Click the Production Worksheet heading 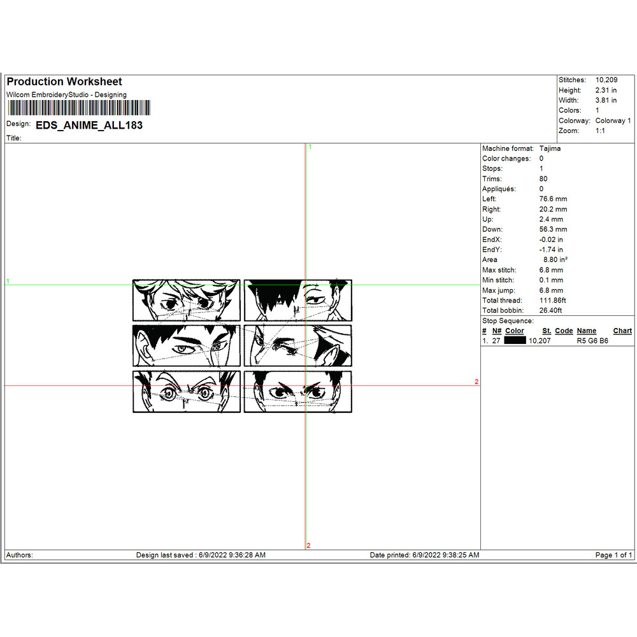coord(64,82)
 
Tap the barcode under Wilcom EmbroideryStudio coord(79,108)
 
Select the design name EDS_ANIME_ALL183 coord(89,125)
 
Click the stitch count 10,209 coord(606,80)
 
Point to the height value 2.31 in coord(606,90)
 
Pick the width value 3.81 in coord(606,101)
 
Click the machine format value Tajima coord(550,148)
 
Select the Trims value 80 coord(543,179)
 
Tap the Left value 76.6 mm coord(553,199)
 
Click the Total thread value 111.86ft coord(552,301)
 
